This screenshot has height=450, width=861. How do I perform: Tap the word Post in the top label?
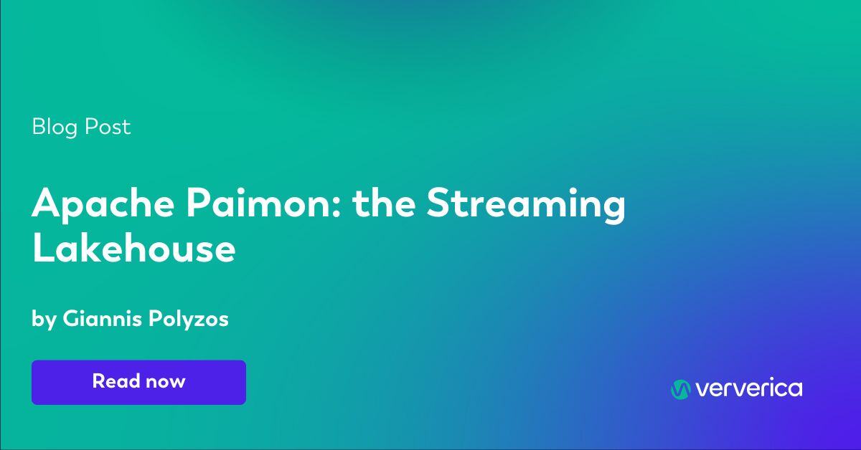108,127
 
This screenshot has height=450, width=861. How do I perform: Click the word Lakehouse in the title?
133,249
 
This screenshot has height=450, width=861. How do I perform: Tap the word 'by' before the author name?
43,320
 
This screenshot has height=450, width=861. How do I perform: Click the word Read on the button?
115,381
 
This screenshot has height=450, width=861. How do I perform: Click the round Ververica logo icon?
680,389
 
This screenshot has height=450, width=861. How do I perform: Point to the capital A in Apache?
44,206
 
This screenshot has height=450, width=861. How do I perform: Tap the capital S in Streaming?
440,206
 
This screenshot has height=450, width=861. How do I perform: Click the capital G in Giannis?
71,319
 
